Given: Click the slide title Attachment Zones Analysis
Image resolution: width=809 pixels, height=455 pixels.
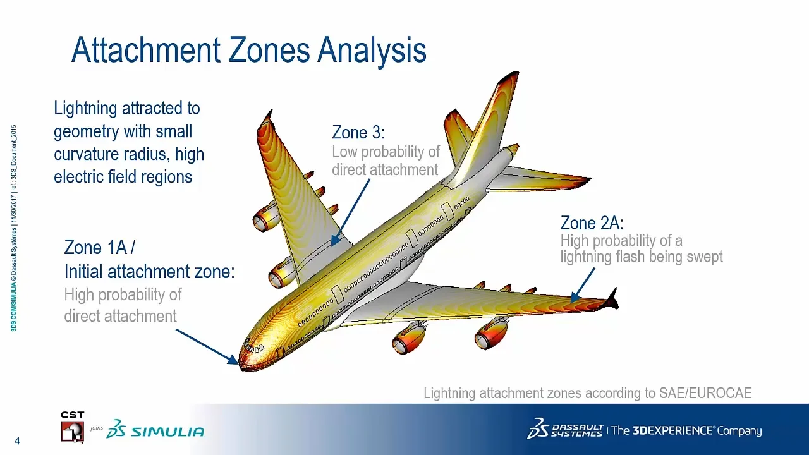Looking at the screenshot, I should pyautogui.click(x=248, y=50).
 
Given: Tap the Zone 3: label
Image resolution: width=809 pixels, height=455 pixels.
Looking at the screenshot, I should pyautogui.click(x=358, y=133).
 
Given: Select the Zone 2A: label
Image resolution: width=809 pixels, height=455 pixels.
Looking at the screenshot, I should pyautogui.click(x=592, y=223).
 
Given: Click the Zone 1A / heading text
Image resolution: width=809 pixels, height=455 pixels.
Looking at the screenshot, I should pyautogui.click(x=99, y=248).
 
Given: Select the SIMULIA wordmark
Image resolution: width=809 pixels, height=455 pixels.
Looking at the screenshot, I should pyautogui.click(x=167, y=432).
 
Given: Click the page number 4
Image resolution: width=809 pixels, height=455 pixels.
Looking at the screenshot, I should pyautogui.click(x=17, y=441).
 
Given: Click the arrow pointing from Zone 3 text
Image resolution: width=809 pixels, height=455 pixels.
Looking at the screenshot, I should pyautogui.click(x=351, y=211).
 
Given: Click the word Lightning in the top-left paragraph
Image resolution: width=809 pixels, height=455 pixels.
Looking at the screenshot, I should pyautogui.click(x=85, y=109).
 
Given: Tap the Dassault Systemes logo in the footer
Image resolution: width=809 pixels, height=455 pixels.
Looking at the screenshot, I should pyautogui.click(x=564, y=429).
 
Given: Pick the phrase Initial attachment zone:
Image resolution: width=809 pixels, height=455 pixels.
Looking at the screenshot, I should pyautogui.click(x=149, y=272).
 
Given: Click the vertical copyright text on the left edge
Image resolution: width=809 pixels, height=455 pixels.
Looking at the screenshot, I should pyautogui.click(x=13, y=227).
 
